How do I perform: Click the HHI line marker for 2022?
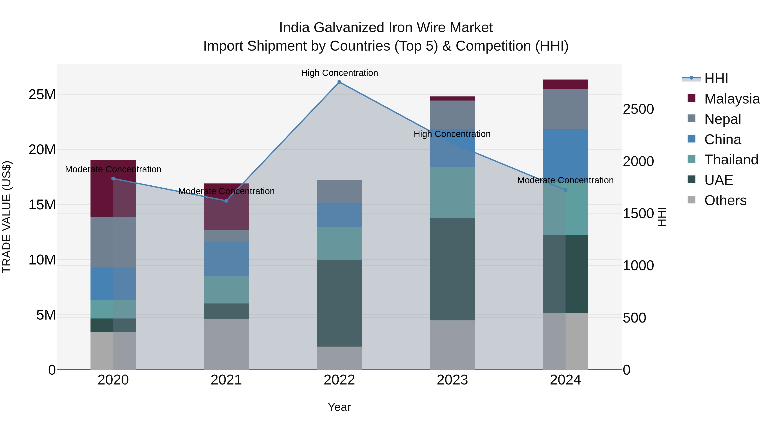pyautogui.click(x=339, y=82)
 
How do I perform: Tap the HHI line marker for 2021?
pyautogui.click(x=226, y=201)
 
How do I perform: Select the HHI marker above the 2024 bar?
pyautogui.click(x=565, y=190)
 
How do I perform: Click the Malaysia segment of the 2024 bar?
pyautogui.click(x=565, y=84)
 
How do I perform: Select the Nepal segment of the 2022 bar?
pyautogui.click(x=339, y=191)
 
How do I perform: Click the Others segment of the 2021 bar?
pyautogui.click(x=226, y=344)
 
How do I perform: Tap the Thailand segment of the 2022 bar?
pyautogui.click(x=339, y=243)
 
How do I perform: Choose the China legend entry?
pyautogui.click(x=722, y=139)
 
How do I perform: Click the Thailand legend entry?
pyautogui.click(x=731, y=160)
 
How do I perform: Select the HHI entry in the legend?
pyautogui.click(x=716, y=78)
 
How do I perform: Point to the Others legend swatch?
pyautogui.click(x=691, y=200)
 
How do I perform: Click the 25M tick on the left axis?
pyautogui.click(x=42, y=95)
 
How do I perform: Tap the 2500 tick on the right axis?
pyautogui.click(x=638, y=109)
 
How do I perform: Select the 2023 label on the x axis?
pyautogui.click(x=452, y=380)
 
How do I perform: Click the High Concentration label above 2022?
pyautogui.click(x=339, y=73)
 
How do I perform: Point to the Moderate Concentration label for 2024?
pyautogui.click(x=565, y=180)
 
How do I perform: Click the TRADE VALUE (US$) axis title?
pyautogui.click(x=7, y=217)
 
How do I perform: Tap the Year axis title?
pyautogui.click(x=339, y=407)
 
